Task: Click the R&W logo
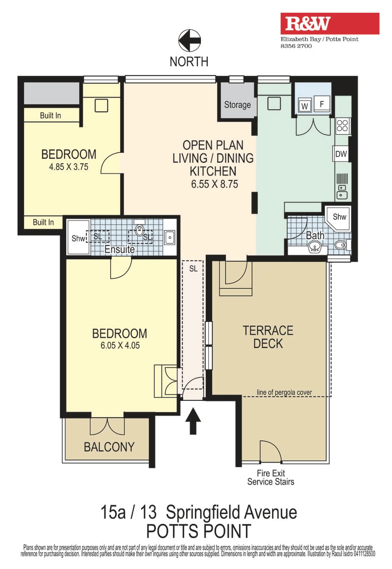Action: (x=330, y=24)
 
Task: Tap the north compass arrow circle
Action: (x=190, y=41)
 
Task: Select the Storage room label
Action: (x=237, y=105)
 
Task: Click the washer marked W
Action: (x=304, y=106)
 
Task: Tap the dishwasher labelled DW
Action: (x=341, y=154)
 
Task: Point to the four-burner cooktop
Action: (x=343, y=125)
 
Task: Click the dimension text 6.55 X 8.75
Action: (x=215, y=184)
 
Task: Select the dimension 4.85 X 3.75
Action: (x=69, y=167)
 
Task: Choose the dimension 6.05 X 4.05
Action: (x=120, y=346)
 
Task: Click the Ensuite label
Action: (x=120, y=249)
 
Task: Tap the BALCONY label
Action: (x=109, y=446)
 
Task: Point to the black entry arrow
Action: (x=193, y=421)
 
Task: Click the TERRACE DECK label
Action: (x=268, y=337)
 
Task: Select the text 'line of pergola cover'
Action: (x=284, y=392)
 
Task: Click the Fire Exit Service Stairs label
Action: (x=270, y=477)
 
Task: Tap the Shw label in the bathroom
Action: (x=340, y=217)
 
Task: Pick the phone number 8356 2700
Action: (x=296, y=46)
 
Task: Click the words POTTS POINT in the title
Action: (x=198, y=531)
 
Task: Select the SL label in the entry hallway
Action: (x=193, y=269)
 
